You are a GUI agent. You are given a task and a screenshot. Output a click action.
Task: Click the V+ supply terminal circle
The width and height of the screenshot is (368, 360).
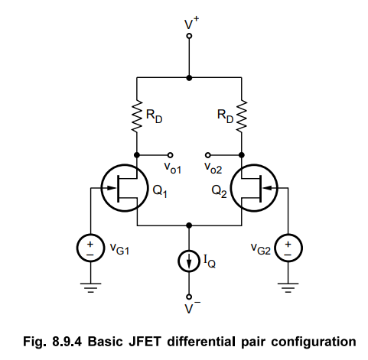tap(189, 36)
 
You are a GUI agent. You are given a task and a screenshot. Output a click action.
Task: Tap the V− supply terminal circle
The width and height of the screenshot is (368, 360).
tap(189, 297)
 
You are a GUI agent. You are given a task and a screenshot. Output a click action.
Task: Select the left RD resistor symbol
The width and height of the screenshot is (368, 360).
tap(137, 116)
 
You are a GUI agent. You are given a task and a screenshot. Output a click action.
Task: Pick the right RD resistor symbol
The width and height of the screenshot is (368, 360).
tap(242, 116)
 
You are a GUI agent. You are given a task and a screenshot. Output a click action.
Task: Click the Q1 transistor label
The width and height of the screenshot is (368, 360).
tap(160, 191)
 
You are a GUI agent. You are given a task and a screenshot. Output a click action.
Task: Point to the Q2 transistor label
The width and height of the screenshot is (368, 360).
tap(219, 191)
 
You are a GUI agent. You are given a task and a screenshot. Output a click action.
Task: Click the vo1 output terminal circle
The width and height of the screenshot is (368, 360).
tap(170, 155)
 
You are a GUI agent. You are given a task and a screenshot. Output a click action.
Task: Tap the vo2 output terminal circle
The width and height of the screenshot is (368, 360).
tap(208, 155)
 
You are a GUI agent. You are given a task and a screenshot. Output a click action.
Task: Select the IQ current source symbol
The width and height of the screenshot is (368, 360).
tap(189, 261)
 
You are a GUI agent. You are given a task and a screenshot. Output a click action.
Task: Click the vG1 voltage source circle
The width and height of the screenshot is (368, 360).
tap(90, 248)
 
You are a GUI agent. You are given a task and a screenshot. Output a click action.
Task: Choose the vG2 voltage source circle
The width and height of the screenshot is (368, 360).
tap(288, 248)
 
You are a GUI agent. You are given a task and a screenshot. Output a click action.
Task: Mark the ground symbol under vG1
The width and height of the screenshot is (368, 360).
tap(90, 287)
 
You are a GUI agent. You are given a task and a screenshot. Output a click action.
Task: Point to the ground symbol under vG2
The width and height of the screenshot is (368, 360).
tap(288, 287)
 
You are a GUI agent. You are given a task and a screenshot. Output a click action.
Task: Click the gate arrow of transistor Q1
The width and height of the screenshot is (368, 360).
tap(110, 188)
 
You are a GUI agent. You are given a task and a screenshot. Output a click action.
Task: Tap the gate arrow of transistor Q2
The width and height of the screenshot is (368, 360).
tap(268, 188)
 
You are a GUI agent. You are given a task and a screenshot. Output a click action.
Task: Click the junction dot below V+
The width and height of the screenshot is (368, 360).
tap(189, 78)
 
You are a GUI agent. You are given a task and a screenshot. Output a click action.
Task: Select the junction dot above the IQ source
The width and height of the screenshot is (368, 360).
tap(189, 225)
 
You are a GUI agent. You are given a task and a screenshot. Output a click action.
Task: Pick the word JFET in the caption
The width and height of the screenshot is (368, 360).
tap(145, 342)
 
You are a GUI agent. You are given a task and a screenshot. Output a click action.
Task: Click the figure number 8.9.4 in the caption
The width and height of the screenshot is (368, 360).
tap(67, 342)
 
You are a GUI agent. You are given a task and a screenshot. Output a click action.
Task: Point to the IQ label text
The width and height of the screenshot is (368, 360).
tap(210, 261)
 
